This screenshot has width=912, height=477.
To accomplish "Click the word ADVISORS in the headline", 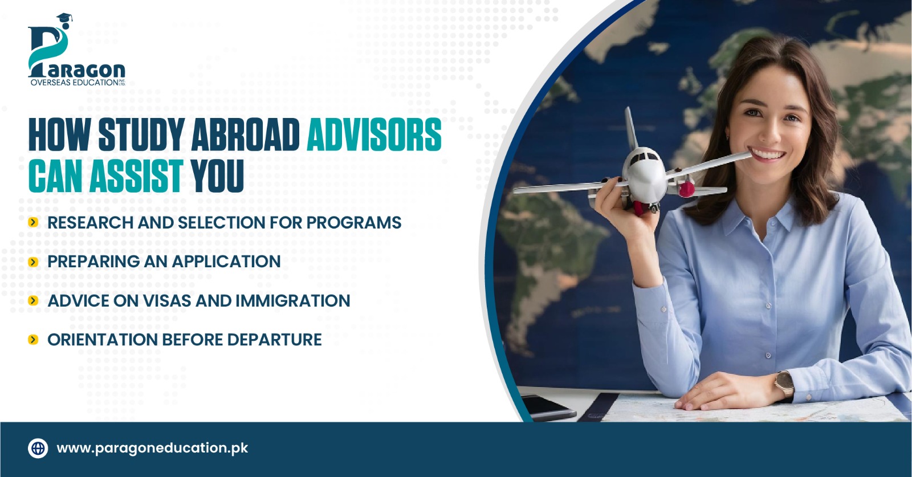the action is [374, 134].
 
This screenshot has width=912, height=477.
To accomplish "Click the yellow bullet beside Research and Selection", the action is [34, 222].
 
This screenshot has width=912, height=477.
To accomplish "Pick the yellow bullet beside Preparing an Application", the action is [34, 262].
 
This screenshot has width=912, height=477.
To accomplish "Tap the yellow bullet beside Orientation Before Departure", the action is [34, 340].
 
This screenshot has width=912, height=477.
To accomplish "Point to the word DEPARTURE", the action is [274, 340].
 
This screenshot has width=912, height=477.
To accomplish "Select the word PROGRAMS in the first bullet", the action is [353, 222].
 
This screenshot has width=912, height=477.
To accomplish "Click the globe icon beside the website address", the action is [38, 448].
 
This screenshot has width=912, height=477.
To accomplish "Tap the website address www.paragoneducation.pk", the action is [152, 449].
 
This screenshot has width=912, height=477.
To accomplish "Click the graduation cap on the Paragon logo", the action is [64, 19].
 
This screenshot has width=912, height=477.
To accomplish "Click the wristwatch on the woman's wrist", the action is [784, 384].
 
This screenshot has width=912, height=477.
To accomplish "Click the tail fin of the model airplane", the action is [630, 128].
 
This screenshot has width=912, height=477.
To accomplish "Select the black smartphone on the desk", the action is [548, 408].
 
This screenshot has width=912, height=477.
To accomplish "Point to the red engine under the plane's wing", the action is [687, 188].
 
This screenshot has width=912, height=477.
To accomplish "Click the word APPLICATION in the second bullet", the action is [226, 262].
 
